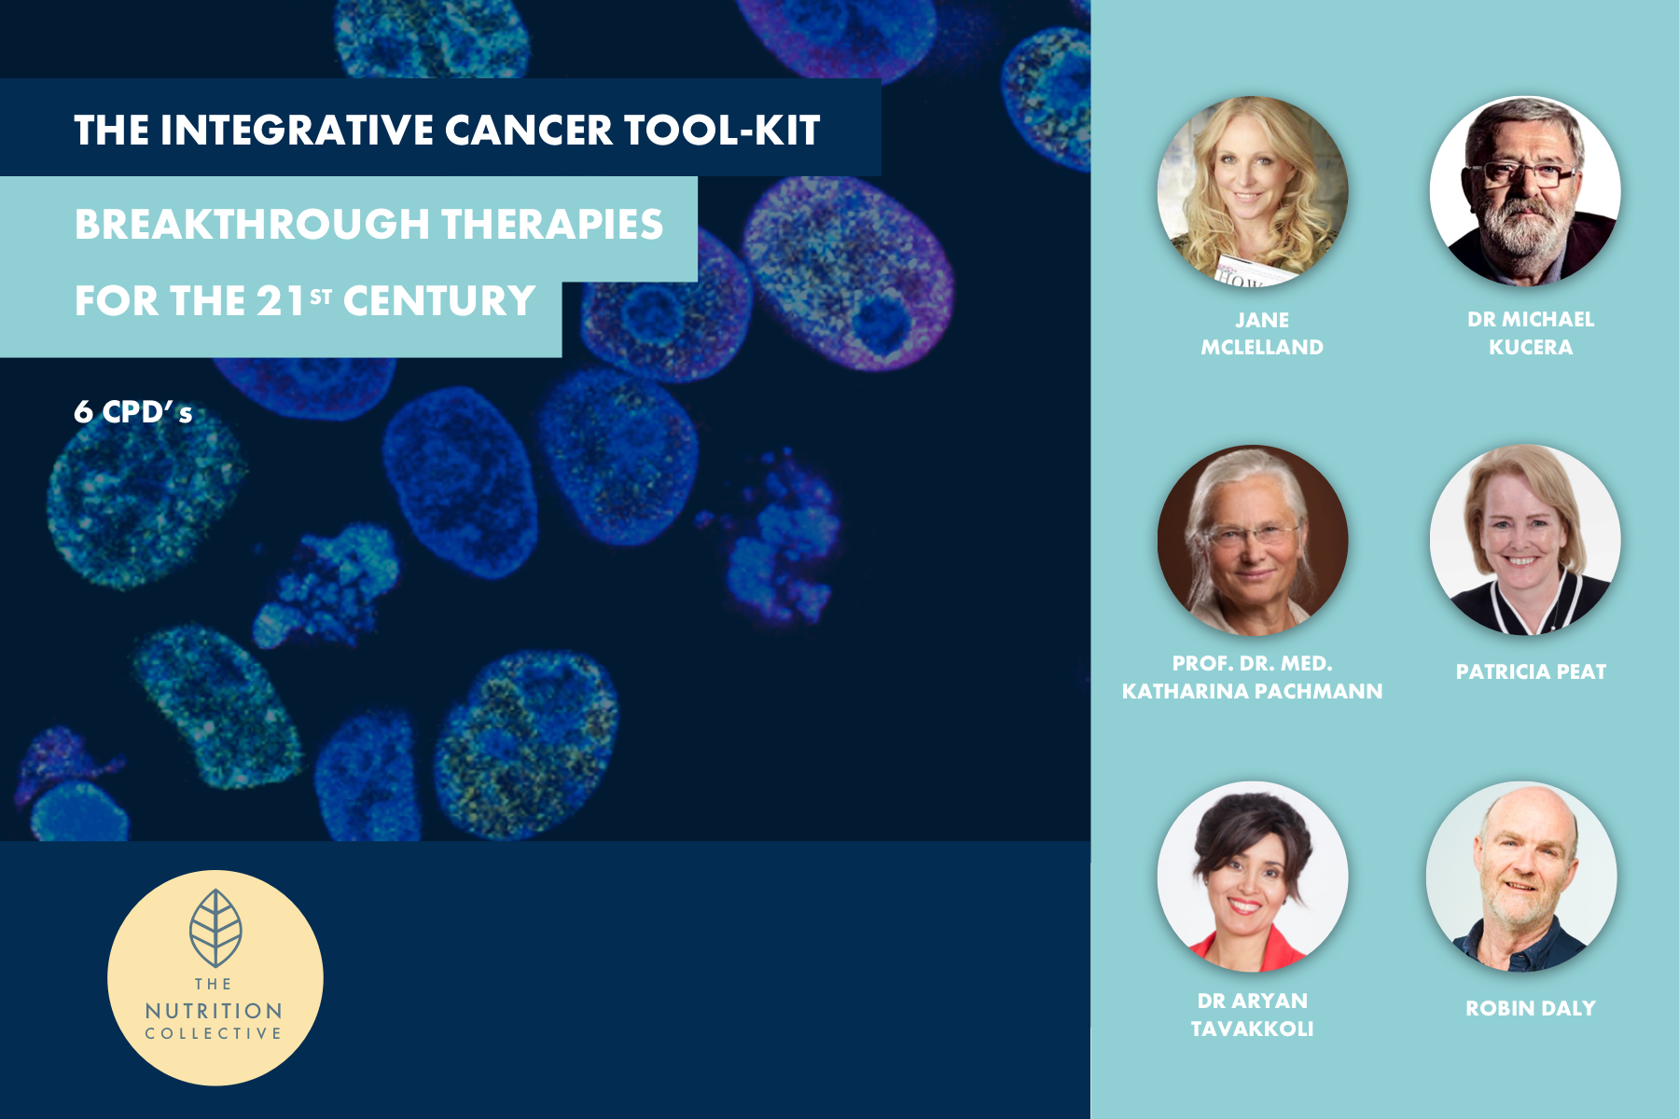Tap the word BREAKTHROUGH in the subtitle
(252, 225)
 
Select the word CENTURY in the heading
(439, 301)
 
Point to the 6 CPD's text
(133, 412)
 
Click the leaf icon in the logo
(215, 928)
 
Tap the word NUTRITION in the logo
(214, 1011)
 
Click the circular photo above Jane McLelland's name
(1252, 191)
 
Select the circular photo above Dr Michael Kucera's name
(1525, 191)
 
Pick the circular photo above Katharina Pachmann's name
(1252, 540)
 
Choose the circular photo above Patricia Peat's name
(1525, 540)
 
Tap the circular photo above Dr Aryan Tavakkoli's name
(1252, 877)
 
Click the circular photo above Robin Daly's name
(1521, 877)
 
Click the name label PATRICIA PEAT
(1531, 671)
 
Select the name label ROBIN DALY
(1531, 1008)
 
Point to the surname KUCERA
(1531, 347)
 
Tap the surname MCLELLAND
(1262, 347)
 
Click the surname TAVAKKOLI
(1252, 1029)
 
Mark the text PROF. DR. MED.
(1252, 663)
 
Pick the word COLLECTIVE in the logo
(214, 1033)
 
